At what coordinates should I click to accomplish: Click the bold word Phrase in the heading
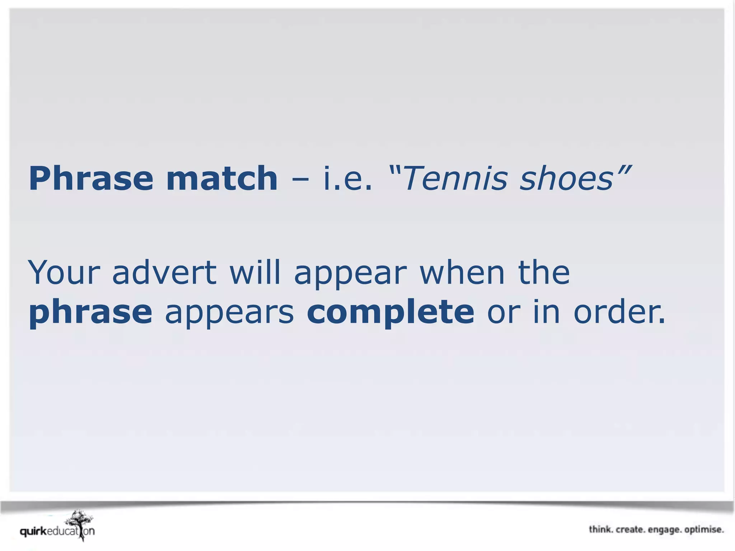tap(90, 179)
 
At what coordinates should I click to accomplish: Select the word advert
tap(164, 272)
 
